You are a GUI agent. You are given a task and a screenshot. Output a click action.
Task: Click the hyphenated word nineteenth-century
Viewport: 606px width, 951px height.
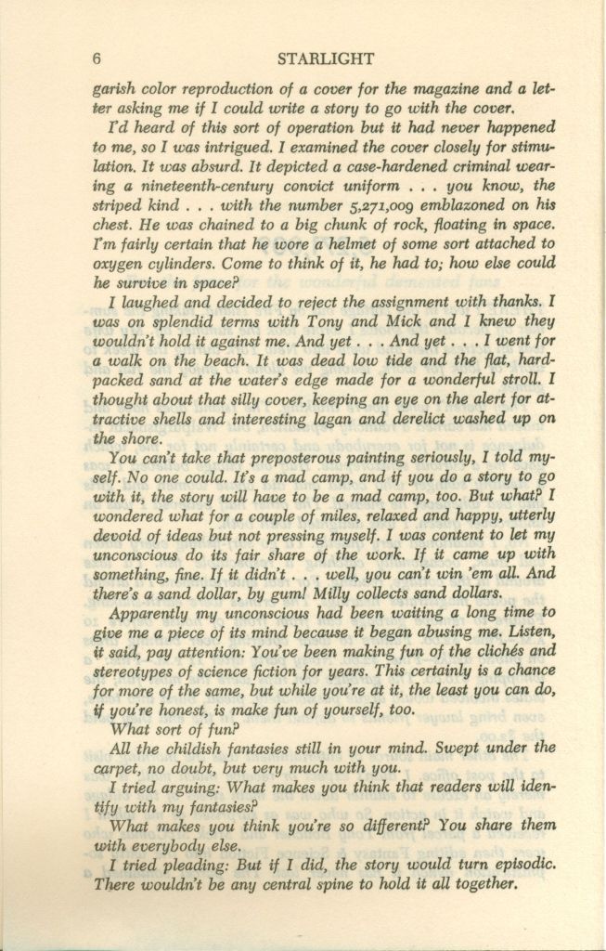(178, 185)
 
